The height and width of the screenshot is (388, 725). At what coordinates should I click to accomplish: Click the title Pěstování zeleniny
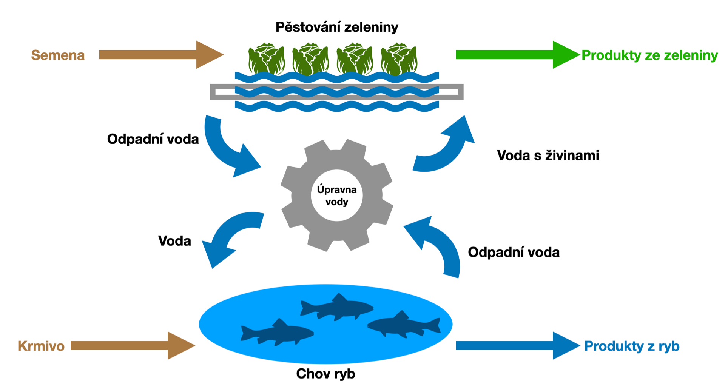337,27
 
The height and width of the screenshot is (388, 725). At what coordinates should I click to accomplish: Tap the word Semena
58,55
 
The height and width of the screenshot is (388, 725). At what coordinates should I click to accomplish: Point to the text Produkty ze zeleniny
649,55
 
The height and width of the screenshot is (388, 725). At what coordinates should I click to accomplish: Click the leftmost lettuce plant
266,59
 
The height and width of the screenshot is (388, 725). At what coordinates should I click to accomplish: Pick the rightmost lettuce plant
399,59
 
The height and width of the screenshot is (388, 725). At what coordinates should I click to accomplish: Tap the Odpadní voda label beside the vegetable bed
153,139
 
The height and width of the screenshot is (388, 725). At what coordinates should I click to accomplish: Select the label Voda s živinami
548,155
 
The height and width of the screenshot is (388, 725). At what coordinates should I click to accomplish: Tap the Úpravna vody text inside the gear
337,196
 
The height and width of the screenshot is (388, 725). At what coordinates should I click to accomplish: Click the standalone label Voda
174,241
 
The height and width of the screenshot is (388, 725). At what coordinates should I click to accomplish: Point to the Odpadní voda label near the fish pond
514,252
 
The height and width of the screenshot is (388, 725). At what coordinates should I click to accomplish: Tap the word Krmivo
41,346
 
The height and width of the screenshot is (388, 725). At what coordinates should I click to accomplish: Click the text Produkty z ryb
632,346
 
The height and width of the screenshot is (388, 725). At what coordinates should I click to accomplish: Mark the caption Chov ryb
325,374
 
